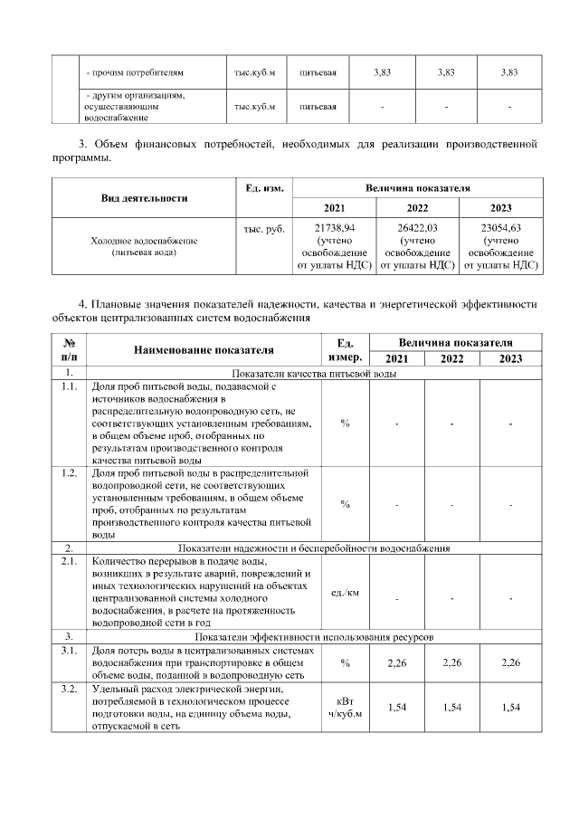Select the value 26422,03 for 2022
pos(417,228)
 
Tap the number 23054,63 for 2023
pos(501,228)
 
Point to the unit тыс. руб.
pos(264,229)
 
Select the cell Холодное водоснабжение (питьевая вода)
pos(144,247)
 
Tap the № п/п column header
pos(70,349)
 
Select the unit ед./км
pos(345,593)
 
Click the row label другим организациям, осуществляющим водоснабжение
pos(135,106)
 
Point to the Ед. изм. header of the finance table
pos(264,188)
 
